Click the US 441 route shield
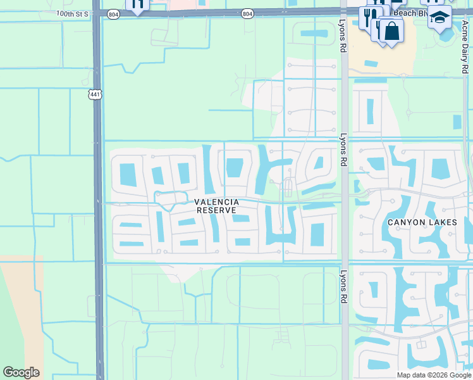point(95,94)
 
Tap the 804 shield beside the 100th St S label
point(113,14)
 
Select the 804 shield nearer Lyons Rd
point(247,13)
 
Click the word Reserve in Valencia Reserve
point(216,210)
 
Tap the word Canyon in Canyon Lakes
point(408,222)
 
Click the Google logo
point(21,372)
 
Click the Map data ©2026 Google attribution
point(434,375)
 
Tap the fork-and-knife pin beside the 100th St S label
point(137,4)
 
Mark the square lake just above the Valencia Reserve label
point(234,168)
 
